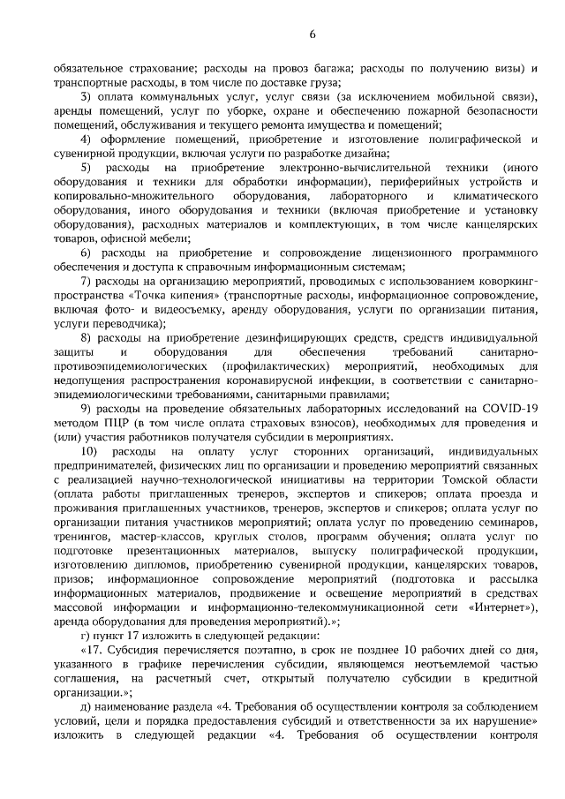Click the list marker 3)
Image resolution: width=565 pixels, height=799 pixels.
(x=87, y=96)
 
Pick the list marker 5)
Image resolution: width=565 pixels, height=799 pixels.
(x=87, y=166)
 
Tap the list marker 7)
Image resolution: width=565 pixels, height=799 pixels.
(x=87, y=280)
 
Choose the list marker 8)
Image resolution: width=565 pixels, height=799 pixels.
(x=87, y=337)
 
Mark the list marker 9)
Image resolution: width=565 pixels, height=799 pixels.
(x=87, y=408)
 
